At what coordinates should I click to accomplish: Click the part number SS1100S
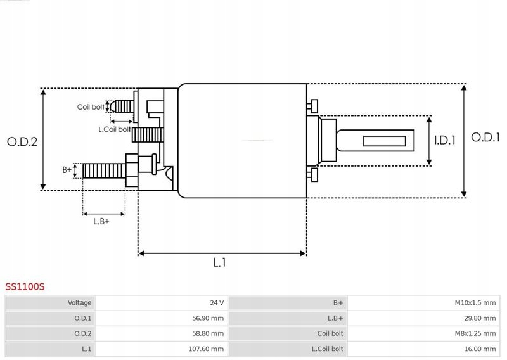[25, 286]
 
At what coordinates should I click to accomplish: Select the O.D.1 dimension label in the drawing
[486, 138]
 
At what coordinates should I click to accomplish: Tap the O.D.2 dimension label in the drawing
[22, 142]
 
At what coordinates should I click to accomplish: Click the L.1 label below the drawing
[220, 262]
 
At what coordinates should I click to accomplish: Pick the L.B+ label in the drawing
[101, 221]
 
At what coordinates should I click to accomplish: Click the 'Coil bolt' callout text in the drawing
[91, 107]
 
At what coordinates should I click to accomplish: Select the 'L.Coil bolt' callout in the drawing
[114, 129]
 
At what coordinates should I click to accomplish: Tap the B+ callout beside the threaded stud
[67, 170]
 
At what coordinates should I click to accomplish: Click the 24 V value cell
[215, 303]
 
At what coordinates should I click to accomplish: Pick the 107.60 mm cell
[207, 349]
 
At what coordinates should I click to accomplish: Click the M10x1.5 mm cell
[475, 303]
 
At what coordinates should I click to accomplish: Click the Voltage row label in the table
[80, 303]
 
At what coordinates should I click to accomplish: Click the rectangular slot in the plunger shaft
[385, 139]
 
